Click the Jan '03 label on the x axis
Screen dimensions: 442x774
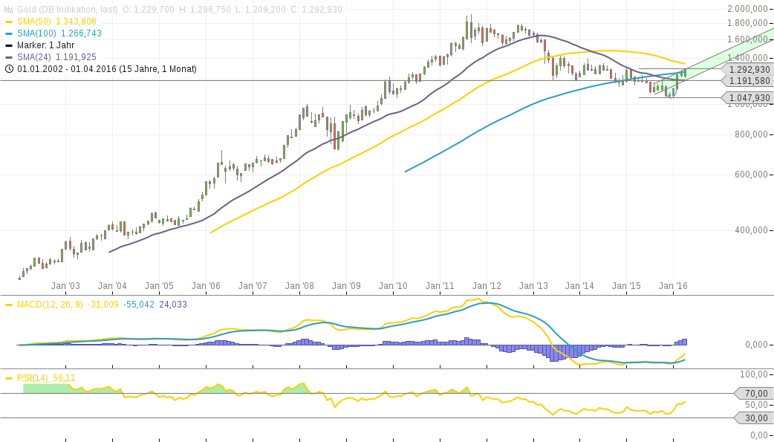pyautogui.click(x=65, y=285)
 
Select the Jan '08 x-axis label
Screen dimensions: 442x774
pyautogui.click(x=299, y=285)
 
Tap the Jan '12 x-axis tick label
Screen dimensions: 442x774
pyautogui.click(x=487, y=285)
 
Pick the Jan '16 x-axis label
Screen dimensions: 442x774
pyautogui.click(x=674, y=285)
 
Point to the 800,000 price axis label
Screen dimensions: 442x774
pyautogui.click(x=751, y=134)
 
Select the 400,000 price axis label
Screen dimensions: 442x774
pyautogui.click(x=751, y=230)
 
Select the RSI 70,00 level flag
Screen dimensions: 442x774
pyautogui.click(x=754, y=393)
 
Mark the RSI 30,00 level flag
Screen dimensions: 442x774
pyautogui.click(x=754, y=418)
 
